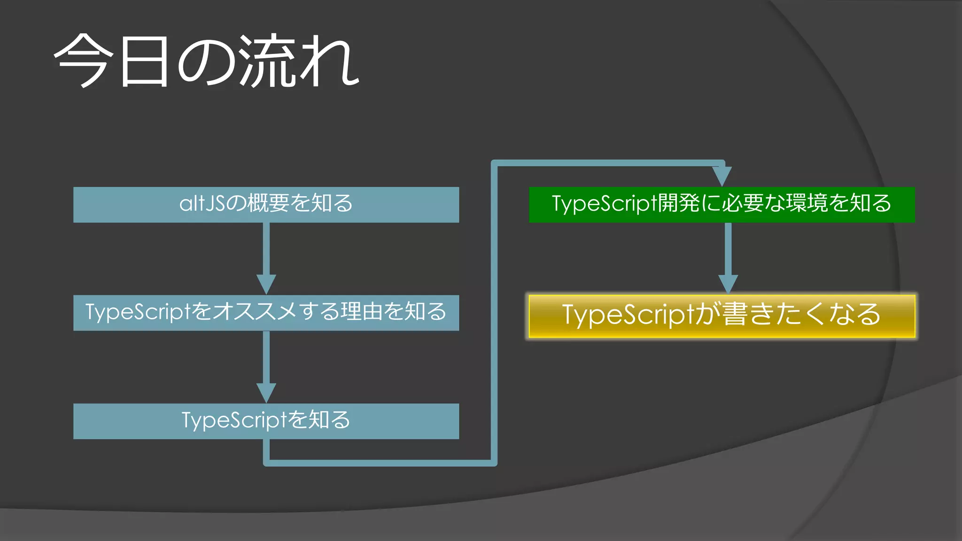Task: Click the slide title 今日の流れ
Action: [x=207, y=61]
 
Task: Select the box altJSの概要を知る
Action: [x=266, y=205]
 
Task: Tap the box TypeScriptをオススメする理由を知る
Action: [x=266, y=313]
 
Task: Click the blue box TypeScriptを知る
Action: [x=266, y=421]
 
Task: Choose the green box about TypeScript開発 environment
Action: [x=721, y=205]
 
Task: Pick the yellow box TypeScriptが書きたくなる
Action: [x=721, y=316]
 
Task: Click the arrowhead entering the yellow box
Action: [x=728, y=284]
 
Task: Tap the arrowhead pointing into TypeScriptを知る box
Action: [x=266, y=393]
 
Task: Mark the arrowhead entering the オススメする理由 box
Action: [x=266, y=285]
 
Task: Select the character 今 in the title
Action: [x=84, y=61]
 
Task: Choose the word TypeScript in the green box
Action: [x=605, y=203]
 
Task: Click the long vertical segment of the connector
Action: [x=494, y=312]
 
